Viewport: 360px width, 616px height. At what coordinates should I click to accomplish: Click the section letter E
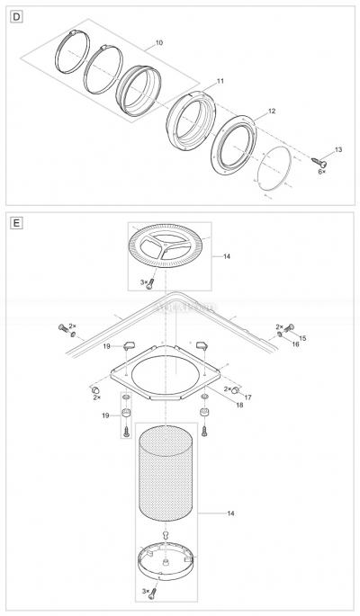(13, 219)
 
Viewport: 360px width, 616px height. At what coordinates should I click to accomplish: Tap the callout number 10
(159, 42)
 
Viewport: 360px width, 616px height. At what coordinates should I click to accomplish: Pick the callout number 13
(337, 149)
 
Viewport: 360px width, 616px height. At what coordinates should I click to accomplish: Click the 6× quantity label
(321, 172)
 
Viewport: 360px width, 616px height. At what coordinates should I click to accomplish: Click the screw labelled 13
(320, 160)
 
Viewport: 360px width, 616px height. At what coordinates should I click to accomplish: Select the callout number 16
(294, 344)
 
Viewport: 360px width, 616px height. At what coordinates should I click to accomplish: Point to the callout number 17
(247, 397)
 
